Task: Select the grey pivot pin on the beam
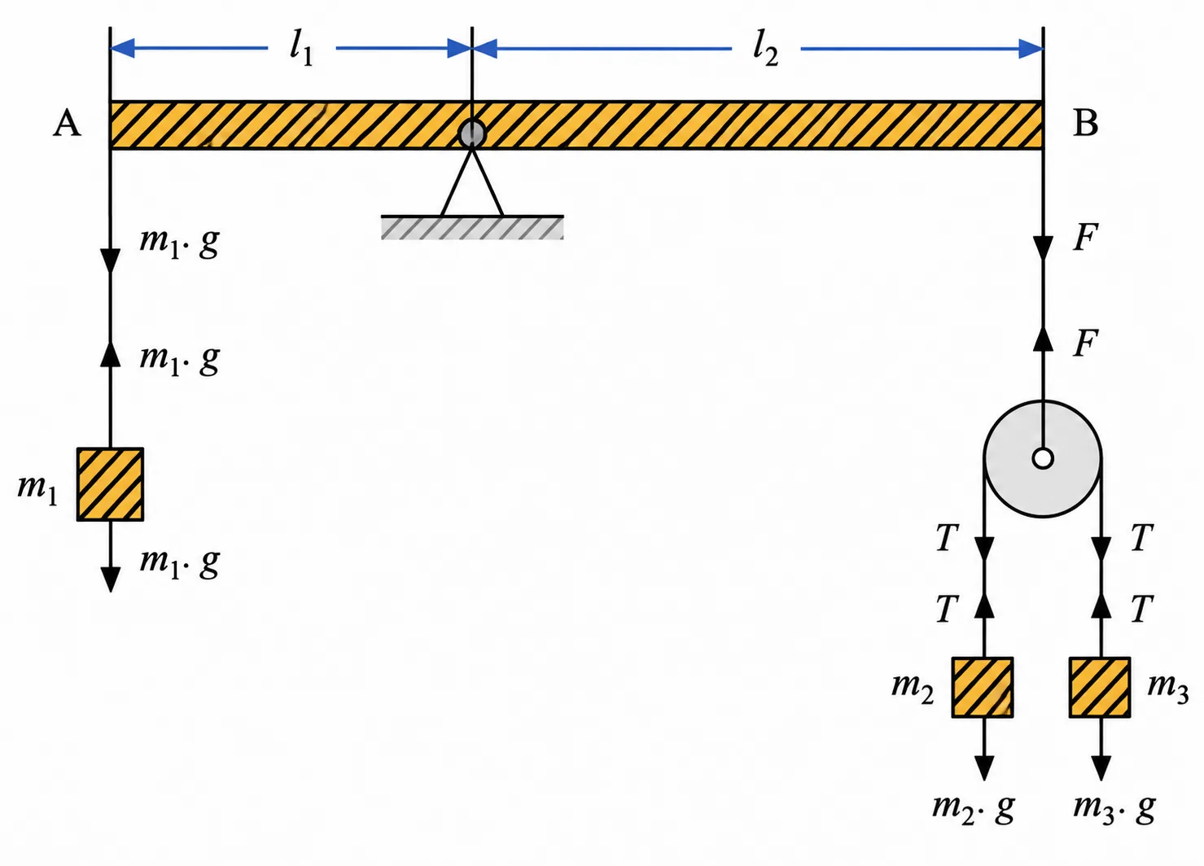point(472,133)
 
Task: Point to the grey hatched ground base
point(472,227)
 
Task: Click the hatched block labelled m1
point(110,484)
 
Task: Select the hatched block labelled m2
point(983,688)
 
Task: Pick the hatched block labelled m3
point(1100,688)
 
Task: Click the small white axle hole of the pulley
point(1043,459)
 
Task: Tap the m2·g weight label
point(973,808)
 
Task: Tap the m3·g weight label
point(1114,808)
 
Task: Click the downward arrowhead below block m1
point(110,580)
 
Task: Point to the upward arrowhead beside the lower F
point(1044,339)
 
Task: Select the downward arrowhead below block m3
point(1101,768)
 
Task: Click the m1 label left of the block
point(37,490)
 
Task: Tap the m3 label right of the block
point(1167,689)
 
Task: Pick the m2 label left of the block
point(912,689)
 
